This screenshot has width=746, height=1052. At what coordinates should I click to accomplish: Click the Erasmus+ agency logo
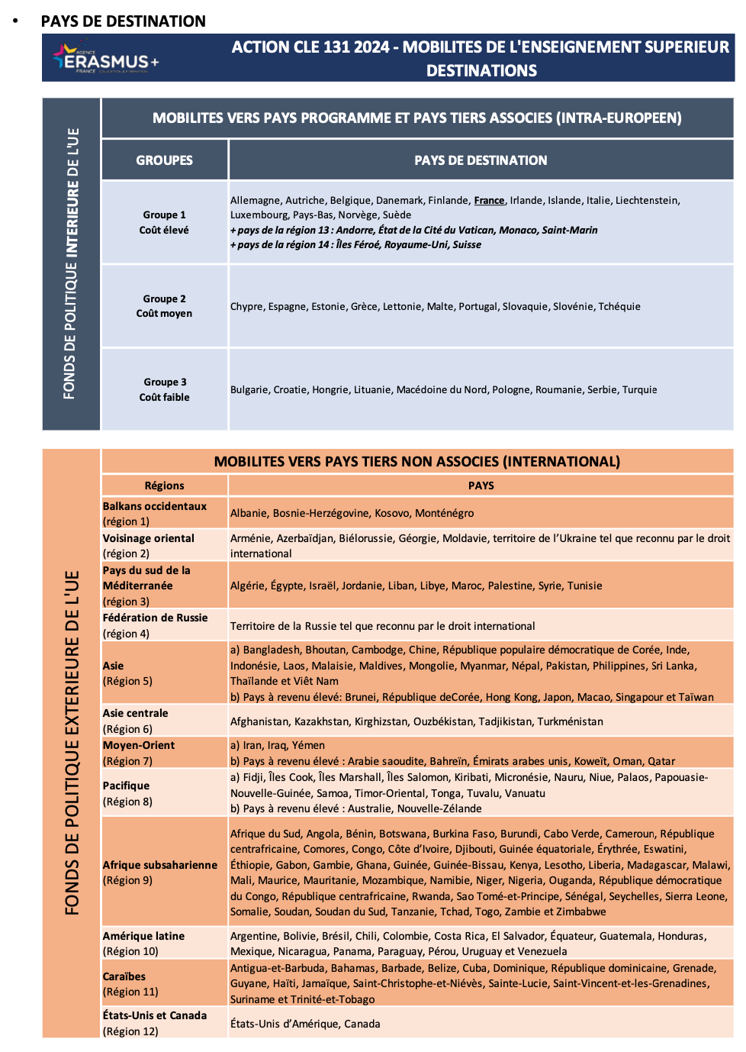(x=105, y=59)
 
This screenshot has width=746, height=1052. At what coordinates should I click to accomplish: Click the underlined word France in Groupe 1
(x=489, y=201)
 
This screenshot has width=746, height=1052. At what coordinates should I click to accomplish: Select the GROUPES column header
(x=164, y=160)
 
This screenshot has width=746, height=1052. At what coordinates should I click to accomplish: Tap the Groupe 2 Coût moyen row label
(x=164, y=306)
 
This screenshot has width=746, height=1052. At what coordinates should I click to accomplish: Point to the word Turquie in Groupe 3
(x=639, y=390)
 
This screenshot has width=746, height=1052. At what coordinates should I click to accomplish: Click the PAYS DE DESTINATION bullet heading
(x=123, y=21)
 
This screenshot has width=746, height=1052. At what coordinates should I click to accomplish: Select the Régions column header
(x=164, y=486)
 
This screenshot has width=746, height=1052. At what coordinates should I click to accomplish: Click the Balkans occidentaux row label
(x=155, y=507)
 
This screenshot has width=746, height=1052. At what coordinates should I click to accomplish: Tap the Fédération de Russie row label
(x=155, y=618)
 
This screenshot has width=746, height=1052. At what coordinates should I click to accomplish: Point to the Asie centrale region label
(x=136, y=713)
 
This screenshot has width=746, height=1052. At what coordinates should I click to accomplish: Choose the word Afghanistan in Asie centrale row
(x=259, y=722)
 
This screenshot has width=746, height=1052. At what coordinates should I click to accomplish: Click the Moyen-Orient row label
(x=139, y=745)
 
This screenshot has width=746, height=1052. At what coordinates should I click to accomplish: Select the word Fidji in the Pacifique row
(x=256, y=778)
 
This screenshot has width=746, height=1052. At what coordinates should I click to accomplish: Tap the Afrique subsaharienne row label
(x=160, y=865)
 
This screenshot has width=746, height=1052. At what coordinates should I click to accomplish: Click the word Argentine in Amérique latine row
(x=253, y=936)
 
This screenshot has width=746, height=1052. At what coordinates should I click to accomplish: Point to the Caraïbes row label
(x=124, y=976)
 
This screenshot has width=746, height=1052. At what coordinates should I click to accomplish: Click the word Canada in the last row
(x=362, y=1025)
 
